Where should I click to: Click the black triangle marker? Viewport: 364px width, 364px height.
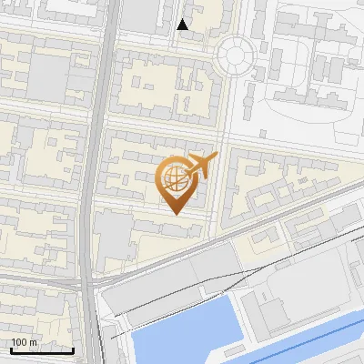click(183, 25)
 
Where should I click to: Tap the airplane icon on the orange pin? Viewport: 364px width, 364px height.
click(202, 166)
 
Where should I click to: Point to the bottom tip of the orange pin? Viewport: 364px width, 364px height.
click(174, 214)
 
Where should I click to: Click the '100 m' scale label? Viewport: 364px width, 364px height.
click(24, 342)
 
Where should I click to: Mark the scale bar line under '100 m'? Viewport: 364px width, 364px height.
click(42, 350)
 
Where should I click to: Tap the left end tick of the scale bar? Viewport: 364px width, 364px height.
click(11, 349)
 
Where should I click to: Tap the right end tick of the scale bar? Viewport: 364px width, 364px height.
click(73, 349)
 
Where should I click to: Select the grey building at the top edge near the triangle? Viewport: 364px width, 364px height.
click(141, 14)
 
